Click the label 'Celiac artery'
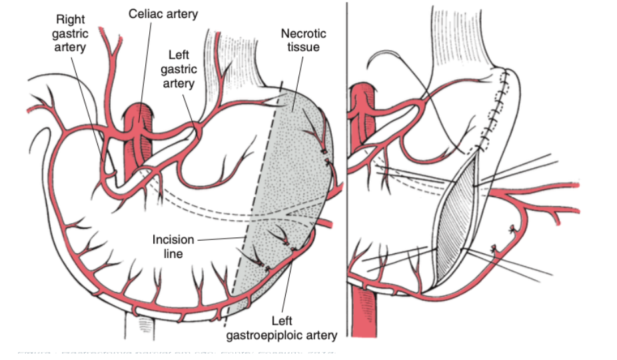(x=163, y=14)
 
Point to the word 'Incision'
(x=173, y=239)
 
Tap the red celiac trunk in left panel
(x=138, y=133)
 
